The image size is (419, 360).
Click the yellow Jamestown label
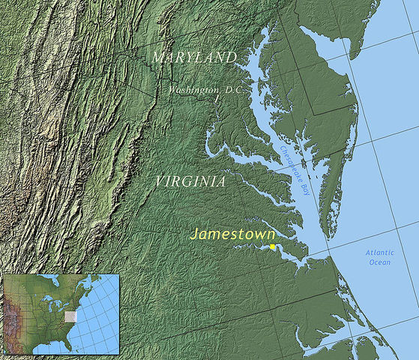click(x=232, y=234)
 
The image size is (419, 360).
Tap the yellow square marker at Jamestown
click(x=273, y=247)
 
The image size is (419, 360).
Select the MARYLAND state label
click(x=194, y=58)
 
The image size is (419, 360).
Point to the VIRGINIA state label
click(x=190, y=181)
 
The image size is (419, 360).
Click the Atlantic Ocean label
click(x=379, y=257)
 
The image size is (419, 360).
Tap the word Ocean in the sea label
click(x=379, y=262)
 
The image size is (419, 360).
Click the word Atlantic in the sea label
click(x=379, y=253)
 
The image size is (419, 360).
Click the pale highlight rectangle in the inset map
click(x=70, y=317)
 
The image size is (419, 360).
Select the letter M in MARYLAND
click(x=157, y=58)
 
